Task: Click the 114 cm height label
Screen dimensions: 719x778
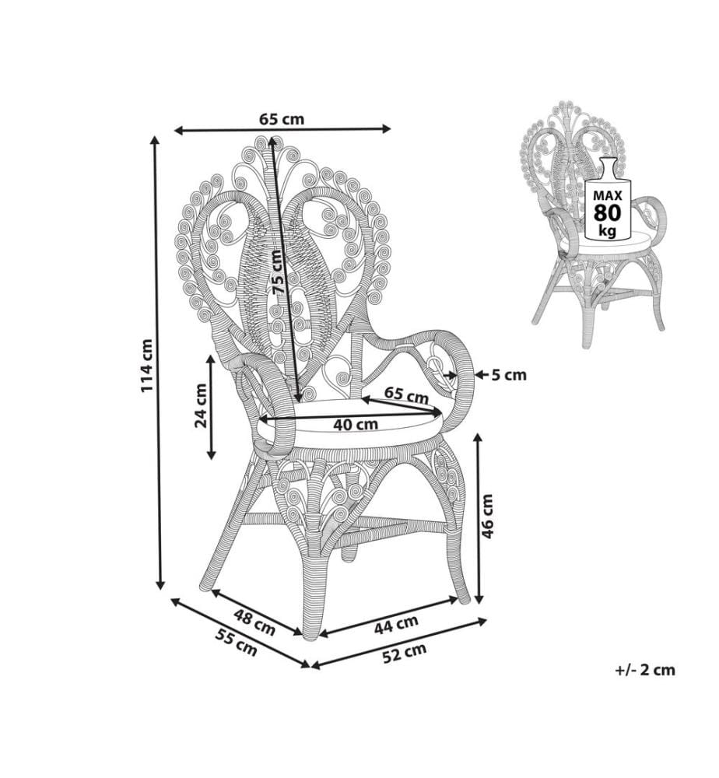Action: pos(147,365)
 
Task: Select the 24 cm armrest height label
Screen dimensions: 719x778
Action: pos(201,405)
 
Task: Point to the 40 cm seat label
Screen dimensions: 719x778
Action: pos(356,425)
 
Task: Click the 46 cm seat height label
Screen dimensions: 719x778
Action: pos(488,516)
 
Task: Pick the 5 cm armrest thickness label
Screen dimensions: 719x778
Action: pos(509,375)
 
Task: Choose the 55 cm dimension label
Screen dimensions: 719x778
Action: pos(237,643)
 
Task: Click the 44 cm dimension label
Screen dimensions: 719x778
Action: pos(395,624)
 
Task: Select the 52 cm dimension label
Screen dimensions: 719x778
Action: pos(405,653)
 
